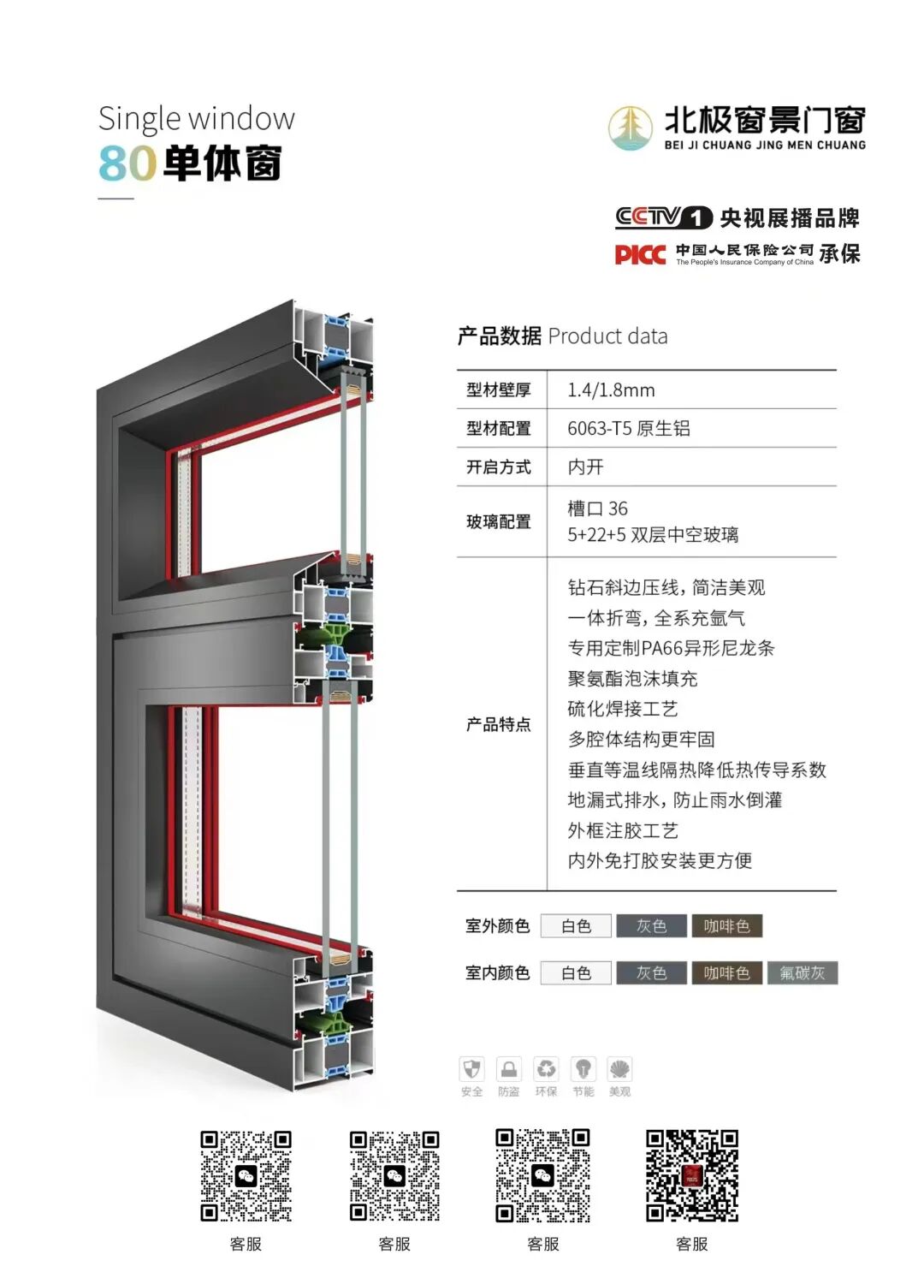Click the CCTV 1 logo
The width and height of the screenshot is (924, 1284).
663,217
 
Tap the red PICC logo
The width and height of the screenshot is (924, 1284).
639,254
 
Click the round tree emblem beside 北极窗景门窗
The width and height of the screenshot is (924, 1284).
630,128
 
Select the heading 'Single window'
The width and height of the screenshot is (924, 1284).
196,119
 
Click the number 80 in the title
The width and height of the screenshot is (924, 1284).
127,163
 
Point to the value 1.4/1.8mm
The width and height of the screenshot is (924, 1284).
611,390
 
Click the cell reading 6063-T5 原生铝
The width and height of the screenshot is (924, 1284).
628,428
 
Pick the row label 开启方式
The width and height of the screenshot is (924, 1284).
498,467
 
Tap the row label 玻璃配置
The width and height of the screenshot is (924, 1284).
498,521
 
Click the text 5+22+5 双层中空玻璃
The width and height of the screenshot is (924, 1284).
652,535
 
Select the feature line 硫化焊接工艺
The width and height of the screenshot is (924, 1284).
622,709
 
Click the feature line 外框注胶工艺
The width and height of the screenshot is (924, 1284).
622,830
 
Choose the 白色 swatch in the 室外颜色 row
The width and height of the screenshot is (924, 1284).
576,926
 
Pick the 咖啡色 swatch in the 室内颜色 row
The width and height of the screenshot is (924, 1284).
726,973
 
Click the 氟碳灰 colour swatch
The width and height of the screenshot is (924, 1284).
802,973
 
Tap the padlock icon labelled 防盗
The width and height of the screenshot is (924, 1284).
508,1070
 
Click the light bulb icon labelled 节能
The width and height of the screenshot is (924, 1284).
583,1070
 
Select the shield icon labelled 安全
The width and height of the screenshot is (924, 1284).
471,1070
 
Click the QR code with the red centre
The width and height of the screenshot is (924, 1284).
691,1174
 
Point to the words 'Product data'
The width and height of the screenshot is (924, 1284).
607,336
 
